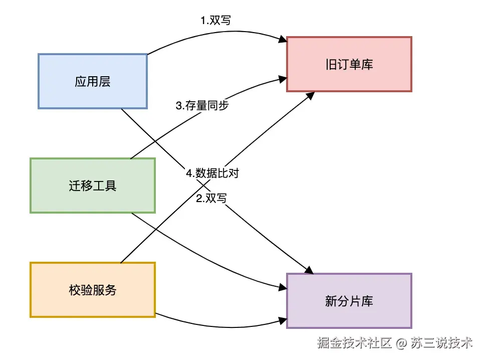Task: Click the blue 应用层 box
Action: tap(93, 81)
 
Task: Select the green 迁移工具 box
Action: tap(93, 186)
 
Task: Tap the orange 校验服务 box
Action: tap(93, 289)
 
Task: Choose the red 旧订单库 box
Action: tap(349, 64)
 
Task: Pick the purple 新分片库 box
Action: tap(349, 301)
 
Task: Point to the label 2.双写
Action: tap(211, 198)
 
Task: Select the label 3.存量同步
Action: tap(202, 106)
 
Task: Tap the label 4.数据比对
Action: tap(212, 173)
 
